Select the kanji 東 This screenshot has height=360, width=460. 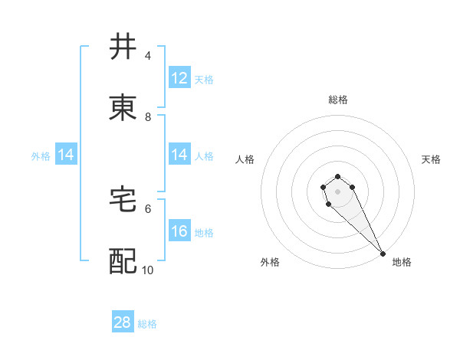point(123,109)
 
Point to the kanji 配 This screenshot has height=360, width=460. point(123,261)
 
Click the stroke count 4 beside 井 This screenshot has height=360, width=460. point(148,56)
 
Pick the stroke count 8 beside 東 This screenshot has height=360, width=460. point(148,117)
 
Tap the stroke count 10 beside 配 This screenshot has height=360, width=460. point(148,270)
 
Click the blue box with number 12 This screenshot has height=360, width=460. point(179,78)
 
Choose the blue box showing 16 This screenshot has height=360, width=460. point(179,231)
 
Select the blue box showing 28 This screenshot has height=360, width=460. point(123,322)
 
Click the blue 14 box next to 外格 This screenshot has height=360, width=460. point(66,155)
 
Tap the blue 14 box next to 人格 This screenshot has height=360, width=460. point(179,155)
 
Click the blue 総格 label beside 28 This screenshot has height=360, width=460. point(147,324)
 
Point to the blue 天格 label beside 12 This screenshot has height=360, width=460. point(204,79)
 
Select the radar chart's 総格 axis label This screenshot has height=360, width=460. point(338,100)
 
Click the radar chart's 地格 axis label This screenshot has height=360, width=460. point(402,262)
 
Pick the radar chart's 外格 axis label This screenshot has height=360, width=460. point(270,262)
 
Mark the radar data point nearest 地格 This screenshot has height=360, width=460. point(383,254)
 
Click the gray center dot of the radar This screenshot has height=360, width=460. point(337,191)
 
